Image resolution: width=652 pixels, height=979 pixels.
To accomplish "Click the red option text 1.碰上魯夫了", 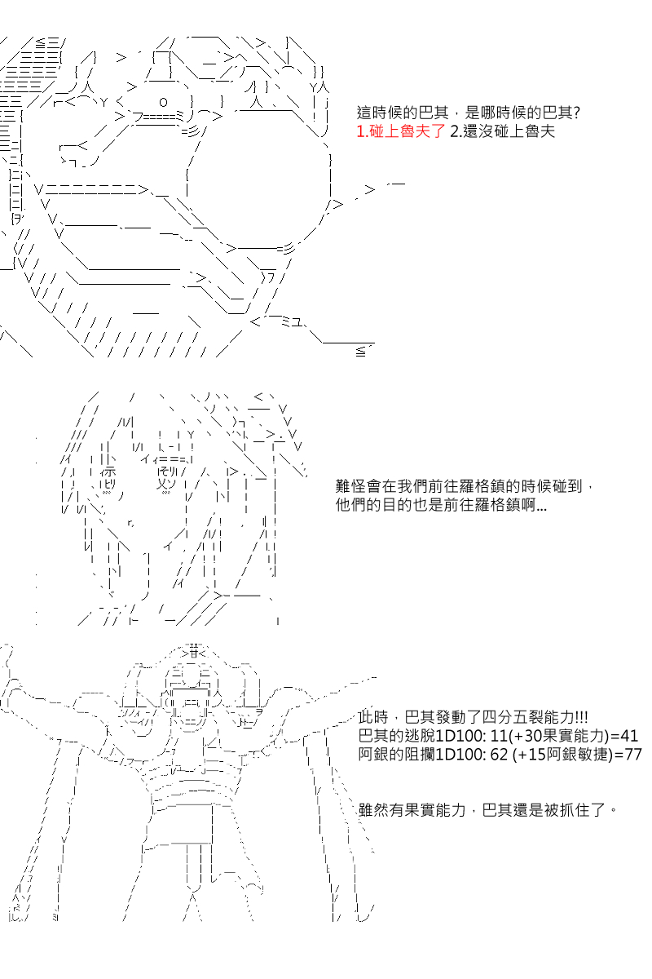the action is tap(401, 131).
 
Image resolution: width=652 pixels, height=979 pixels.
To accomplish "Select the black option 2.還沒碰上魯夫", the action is tap(502, 131).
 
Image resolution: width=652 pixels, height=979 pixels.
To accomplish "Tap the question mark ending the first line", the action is tap(577, 113).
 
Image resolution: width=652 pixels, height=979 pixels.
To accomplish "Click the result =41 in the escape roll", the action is tap(624, 736).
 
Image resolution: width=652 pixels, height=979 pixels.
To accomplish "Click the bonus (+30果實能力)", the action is tap(559, 736).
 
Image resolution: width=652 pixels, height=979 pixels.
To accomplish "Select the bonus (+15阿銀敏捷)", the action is tap(563, 755).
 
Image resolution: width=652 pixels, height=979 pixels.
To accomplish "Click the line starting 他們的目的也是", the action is tap(441, 505).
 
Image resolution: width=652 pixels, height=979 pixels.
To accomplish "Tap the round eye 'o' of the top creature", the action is tap(163, 103).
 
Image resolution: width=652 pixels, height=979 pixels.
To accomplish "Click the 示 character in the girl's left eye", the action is tap(108, 472).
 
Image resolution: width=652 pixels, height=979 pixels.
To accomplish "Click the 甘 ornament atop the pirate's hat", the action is tap(195, 653).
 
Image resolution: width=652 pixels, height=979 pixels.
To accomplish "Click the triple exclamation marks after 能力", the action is tap(581, 717).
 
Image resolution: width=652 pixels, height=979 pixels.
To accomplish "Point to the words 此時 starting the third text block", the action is tap(373, 717).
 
